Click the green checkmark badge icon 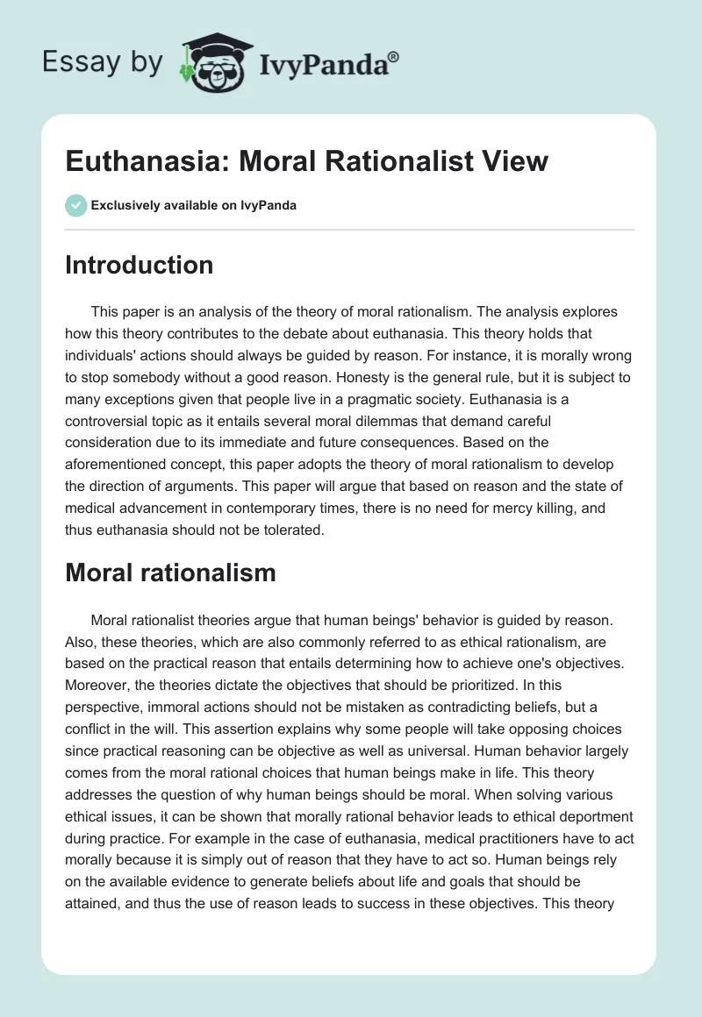[75, 205]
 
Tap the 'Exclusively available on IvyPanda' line [194, 206]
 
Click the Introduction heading [139, 265]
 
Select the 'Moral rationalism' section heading [170, 573]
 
